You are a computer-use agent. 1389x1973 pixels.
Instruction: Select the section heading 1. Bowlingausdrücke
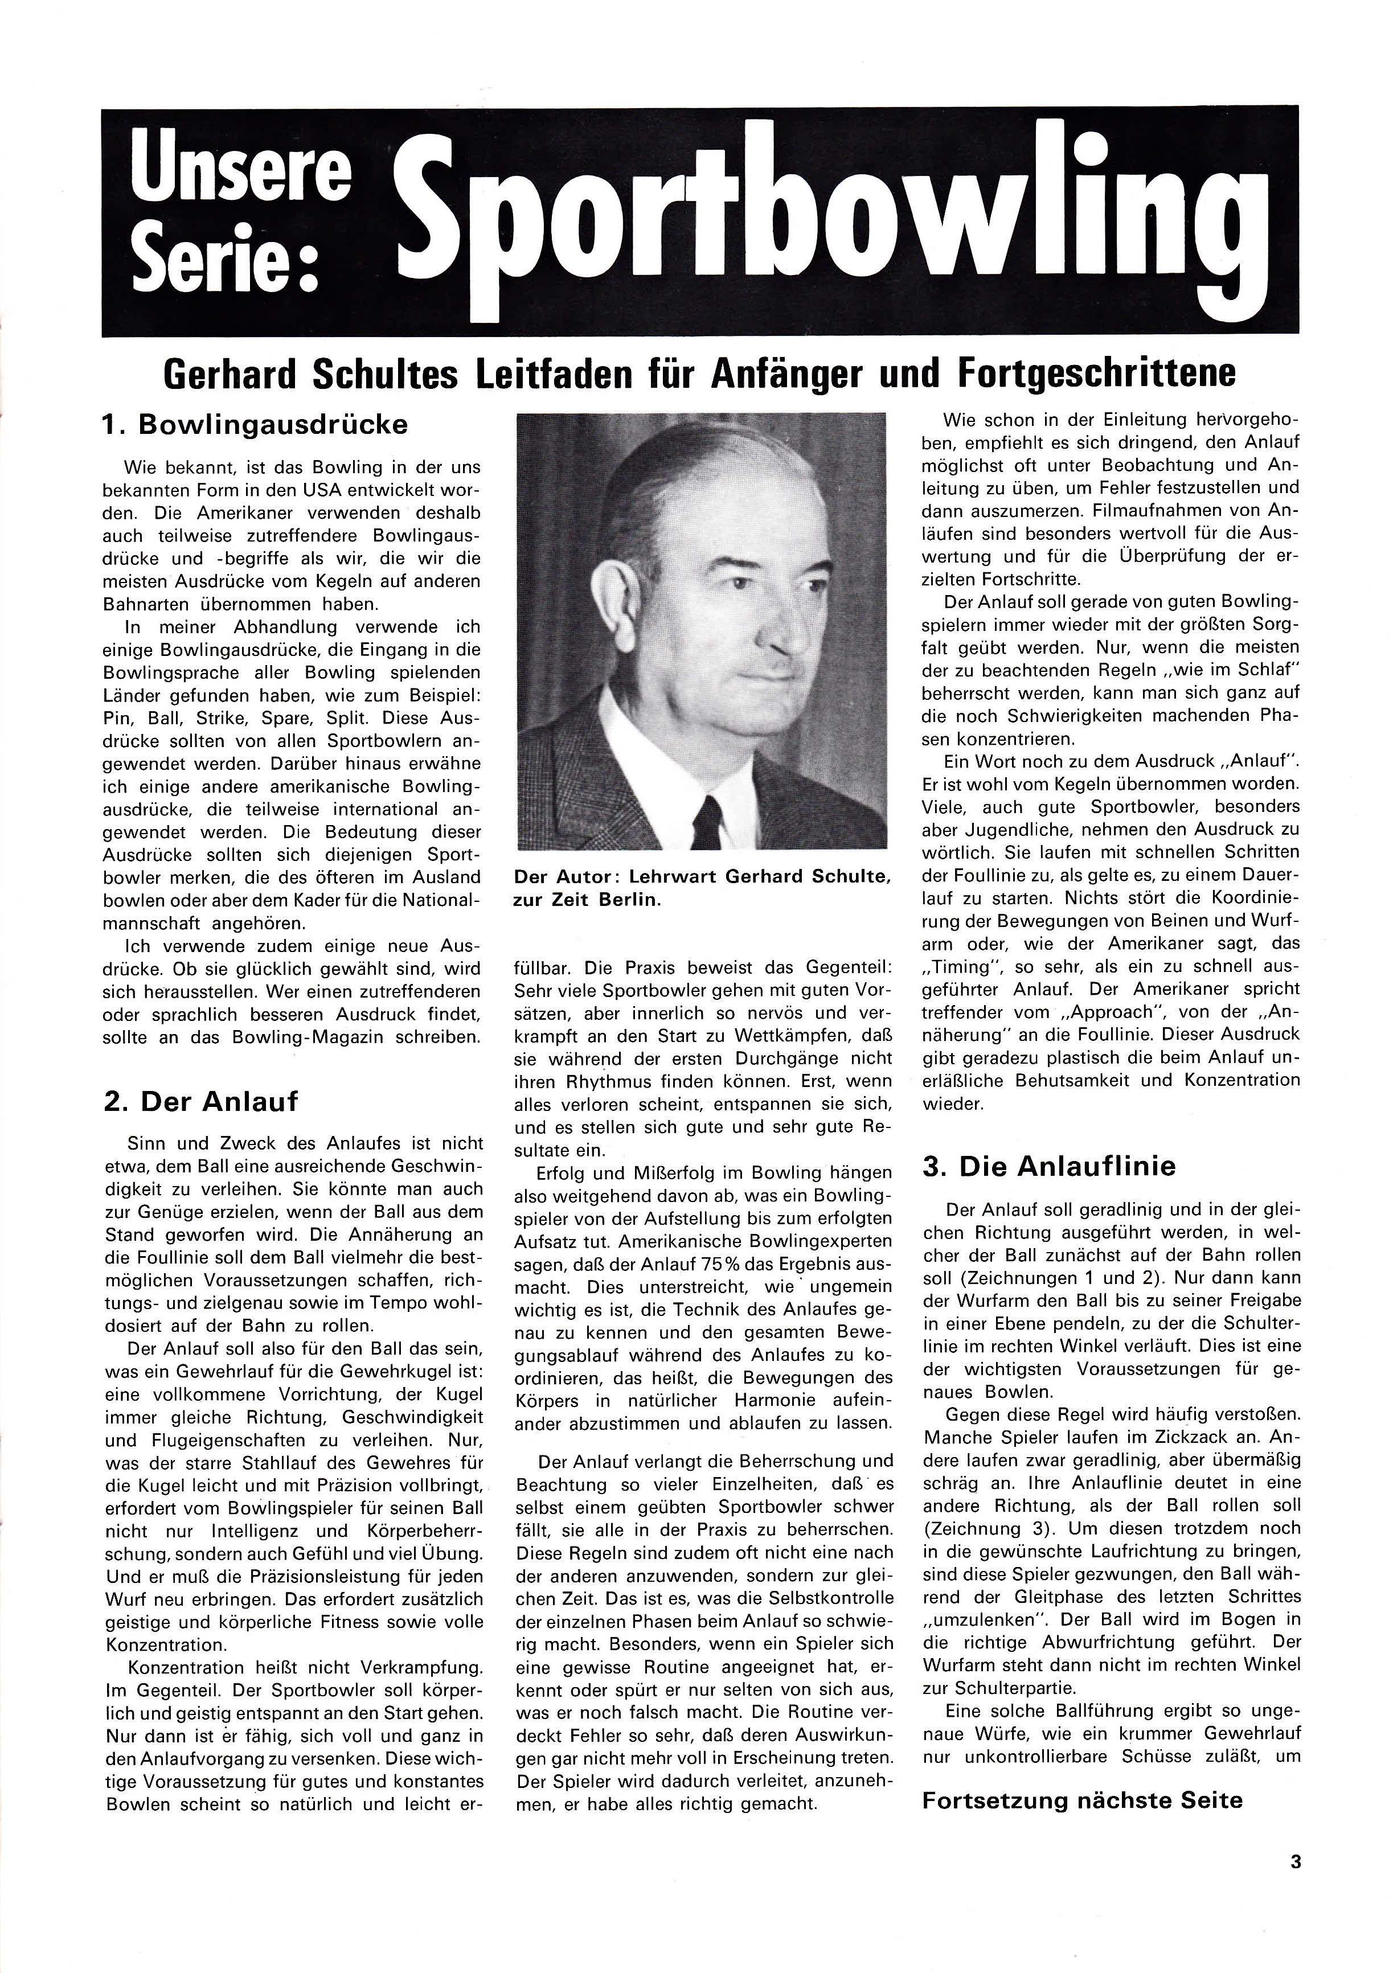click(255, 425)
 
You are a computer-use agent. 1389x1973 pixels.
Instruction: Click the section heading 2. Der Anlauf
click(201, 1102)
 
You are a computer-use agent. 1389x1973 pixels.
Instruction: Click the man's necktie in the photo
click(707, 822)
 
